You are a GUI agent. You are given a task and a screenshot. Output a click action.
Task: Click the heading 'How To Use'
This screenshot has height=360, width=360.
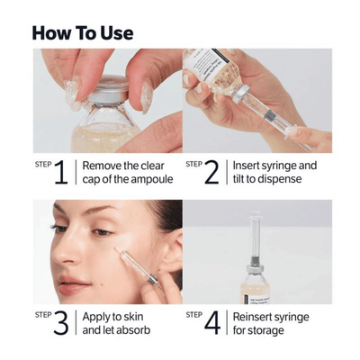(x=82, y=33)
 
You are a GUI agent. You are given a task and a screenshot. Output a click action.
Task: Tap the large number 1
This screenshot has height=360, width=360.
(x=61, y=174)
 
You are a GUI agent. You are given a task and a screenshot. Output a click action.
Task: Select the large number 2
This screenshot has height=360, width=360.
(x=211, y=174)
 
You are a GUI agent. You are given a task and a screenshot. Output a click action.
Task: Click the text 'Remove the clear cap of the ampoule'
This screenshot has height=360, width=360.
(x=124, y=173)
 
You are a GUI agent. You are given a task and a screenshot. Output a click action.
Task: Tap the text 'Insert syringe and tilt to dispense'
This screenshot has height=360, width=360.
(x=274, y=173)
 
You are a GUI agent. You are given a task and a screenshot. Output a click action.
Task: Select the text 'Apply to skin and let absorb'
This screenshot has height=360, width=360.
(x=117, y=323)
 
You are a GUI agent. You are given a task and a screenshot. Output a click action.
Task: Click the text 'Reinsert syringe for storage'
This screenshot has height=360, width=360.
(x=273, y=323)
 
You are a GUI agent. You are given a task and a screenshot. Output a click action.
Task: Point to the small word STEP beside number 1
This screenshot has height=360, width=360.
(x=41, y=165)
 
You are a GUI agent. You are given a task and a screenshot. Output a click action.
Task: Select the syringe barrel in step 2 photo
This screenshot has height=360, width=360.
(x=270, y=126)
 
